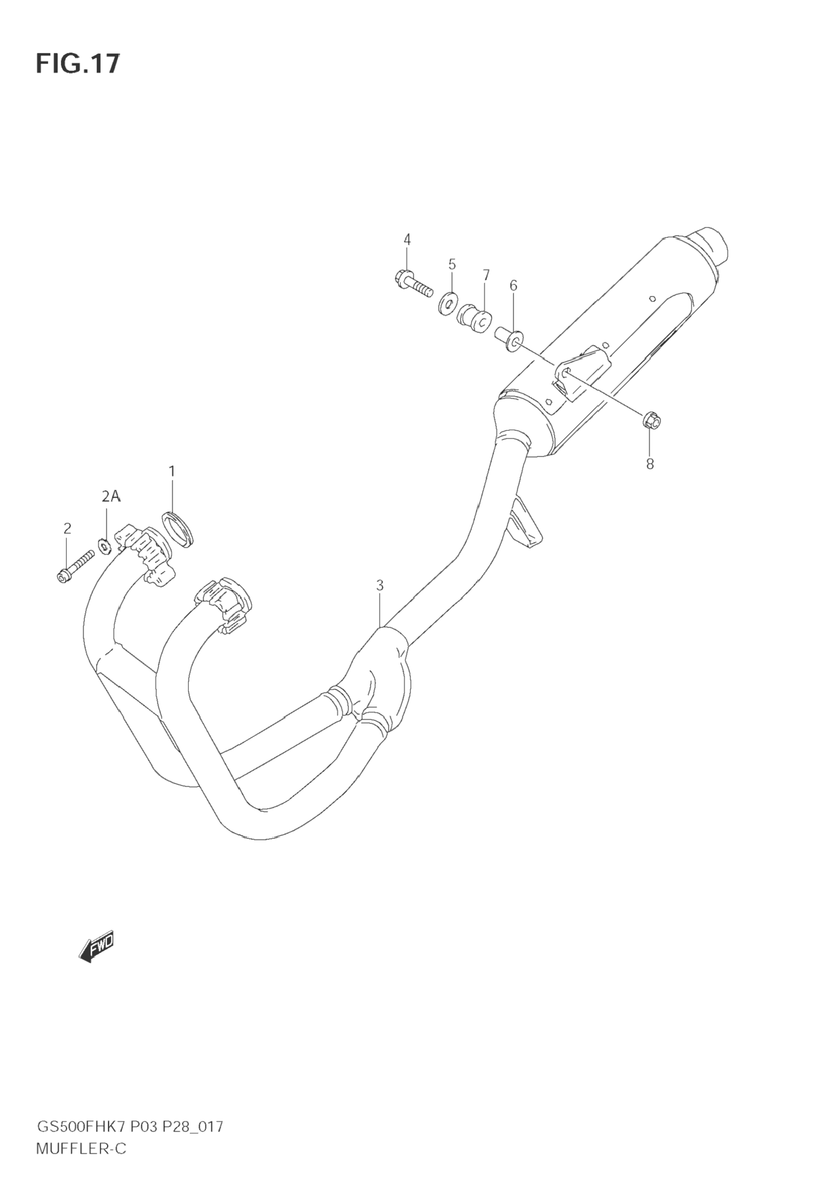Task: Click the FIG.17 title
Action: [x=77, y=64]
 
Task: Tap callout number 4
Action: [x=407, y=239]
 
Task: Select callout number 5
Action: [x=452, y=264]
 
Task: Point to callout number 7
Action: [x=486, y=275]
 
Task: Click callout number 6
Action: [x=513, y=285]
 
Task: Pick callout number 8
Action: [x=650, y=464]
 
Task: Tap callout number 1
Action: [x=172, y=471]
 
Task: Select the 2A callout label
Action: [x=110, y=497]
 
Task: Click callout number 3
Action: [x=380, y=585]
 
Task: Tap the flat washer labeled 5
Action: [x=449, y=303]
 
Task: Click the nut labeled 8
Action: [x=652, y=421]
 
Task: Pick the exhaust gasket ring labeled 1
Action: [x=179, y=529]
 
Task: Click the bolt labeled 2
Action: [x=75, y=567]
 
